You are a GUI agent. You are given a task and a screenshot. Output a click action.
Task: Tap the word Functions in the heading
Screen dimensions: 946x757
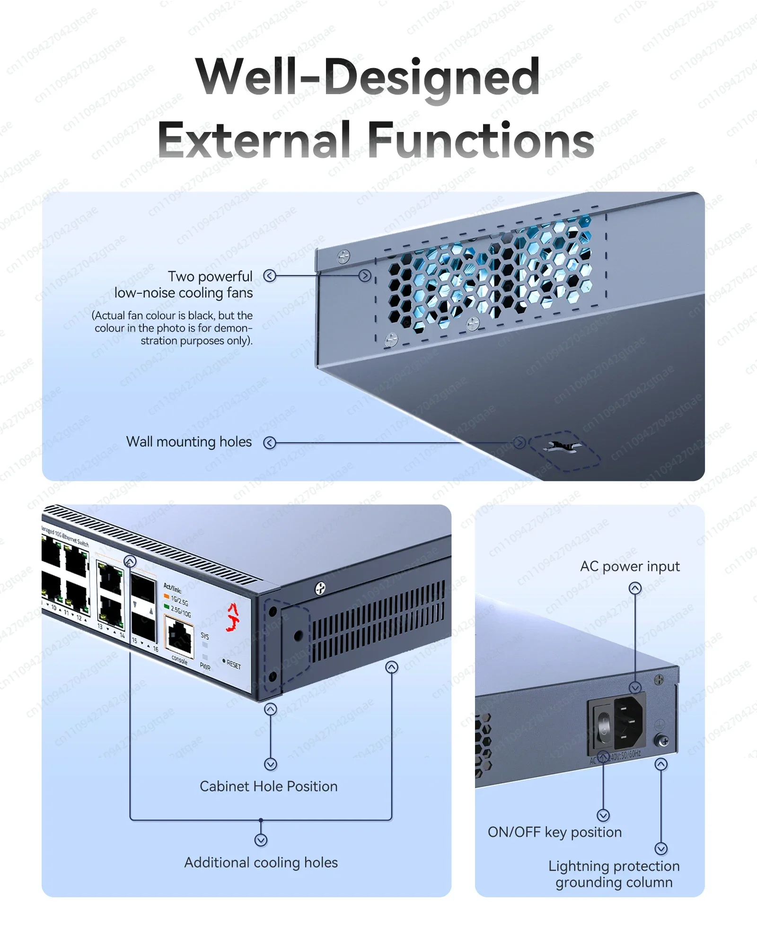(x=480, y=140)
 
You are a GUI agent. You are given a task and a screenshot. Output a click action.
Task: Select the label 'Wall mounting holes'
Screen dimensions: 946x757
(x=189, y=442)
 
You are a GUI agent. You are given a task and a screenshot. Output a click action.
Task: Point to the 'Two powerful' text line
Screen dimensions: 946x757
(x=210, y=276)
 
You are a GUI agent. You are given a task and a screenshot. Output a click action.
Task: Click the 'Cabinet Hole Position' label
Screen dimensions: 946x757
(x=268, y=786)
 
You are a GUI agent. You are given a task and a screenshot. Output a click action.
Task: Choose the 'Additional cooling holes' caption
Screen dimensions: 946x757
(x=261, y=862)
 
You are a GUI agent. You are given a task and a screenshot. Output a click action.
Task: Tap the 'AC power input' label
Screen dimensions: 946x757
(x=629, y=566)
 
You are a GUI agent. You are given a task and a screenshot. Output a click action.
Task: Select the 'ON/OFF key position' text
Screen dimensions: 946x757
(x=555, y=832)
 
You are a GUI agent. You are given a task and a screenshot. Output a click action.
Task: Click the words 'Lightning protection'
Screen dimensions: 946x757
(x=614, y=866)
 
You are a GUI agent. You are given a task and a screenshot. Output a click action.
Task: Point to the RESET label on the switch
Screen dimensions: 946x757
(x=233, y=665)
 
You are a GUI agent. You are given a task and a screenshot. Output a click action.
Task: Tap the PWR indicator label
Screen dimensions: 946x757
(x=205, y=666)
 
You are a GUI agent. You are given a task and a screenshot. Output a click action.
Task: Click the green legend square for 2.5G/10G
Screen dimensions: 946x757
(x=167, y=606)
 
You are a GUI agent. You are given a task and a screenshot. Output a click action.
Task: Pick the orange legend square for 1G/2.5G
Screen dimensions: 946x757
(x=167, y=596)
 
